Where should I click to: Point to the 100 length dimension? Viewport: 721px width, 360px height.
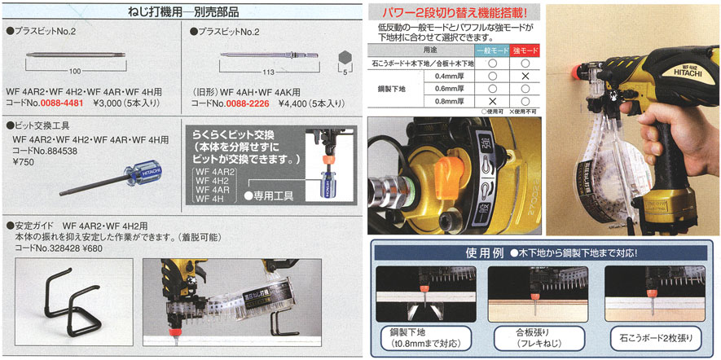point(75,71)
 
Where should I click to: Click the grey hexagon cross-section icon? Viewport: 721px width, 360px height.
point(344,58)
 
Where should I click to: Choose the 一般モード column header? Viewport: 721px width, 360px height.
point(490,50)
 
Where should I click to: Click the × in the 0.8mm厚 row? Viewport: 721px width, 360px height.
point(490,102)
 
